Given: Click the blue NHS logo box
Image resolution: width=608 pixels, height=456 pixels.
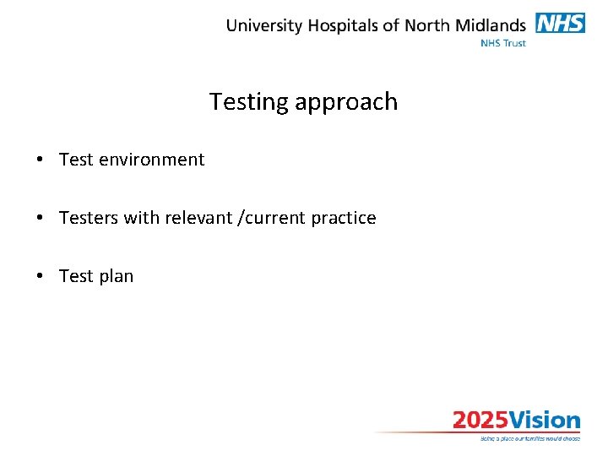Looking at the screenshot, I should point(561,23).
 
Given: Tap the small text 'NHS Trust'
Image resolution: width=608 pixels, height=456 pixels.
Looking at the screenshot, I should point(502,42).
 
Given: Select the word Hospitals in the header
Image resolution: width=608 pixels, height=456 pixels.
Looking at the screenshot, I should point(343,25).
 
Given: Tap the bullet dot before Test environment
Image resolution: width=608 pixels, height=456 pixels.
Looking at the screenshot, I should point(40,160).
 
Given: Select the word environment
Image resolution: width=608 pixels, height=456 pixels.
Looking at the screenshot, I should point(151,160).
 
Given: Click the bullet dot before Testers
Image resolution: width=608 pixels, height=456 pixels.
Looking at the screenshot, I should point(40,218).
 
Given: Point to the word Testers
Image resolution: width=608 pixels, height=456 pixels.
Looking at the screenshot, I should point(89,218).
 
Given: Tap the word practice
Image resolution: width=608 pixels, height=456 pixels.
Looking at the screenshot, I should point(344,218).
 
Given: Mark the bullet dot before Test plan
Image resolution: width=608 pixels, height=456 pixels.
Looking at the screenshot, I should point(40,276).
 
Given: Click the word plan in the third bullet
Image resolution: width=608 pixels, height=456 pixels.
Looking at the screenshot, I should point(116,276).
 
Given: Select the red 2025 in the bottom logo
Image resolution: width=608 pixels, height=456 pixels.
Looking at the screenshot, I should point(480,421).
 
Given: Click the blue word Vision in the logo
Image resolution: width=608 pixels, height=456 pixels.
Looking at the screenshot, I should point(545,421).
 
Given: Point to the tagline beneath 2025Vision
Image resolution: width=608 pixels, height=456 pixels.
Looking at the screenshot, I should point(529,438).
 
